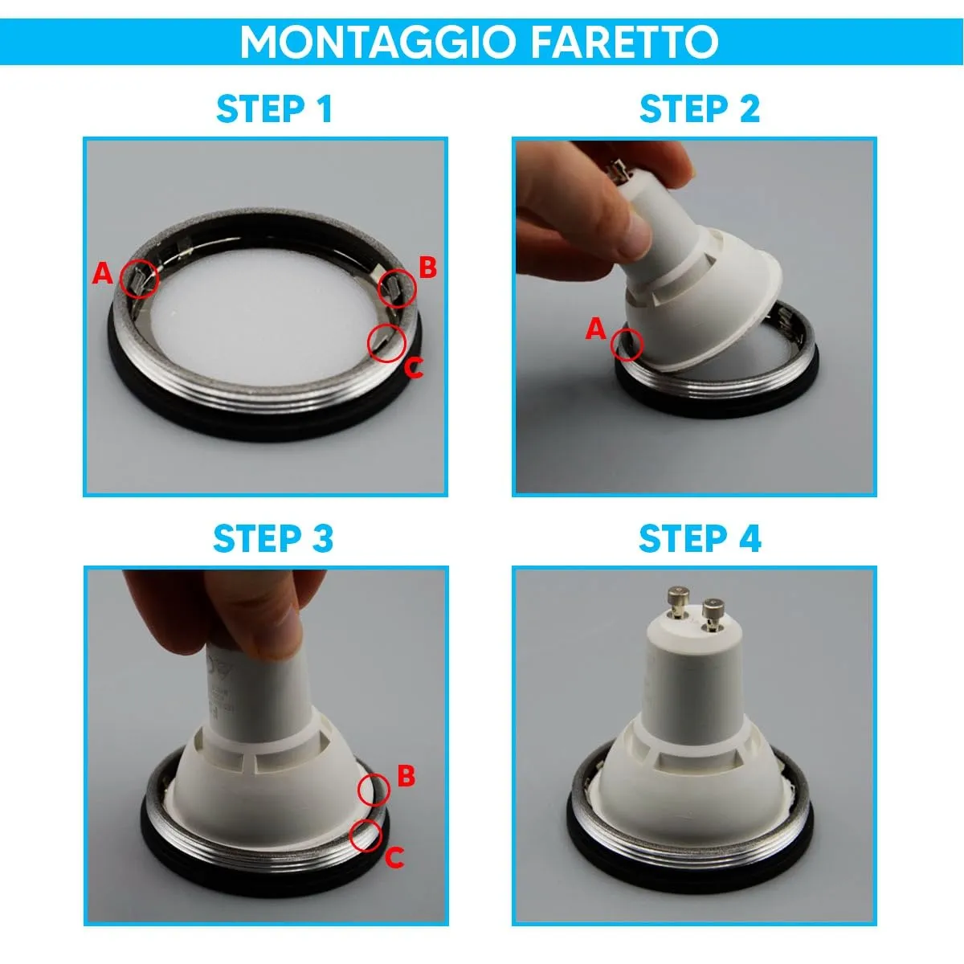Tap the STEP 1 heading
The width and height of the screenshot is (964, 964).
pos(274,110)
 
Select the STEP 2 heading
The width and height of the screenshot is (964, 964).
pos(699,110)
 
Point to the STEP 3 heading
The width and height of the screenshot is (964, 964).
pos(273,539)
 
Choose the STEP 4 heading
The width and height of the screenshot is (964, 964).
pos(699,539)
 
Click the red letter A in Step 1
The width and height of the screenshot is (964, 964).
pos(102,274)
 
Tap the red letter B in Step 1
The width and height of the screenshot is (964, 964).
pos(427,268)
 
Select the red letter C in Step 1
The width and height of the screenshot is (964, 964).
pos(413,369)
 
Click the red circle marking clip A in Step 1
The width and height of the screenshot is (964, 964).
pos(139,279)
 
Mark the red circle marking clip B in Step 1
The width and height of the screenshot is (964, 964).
pos(398,287)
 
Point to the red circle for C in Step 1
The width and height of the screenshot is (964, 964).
pos(386,342)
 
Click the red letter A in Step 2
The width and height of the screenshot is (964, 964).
pos(595,329)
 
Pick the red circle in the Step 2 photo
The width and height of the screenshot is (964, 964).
pos(627,345)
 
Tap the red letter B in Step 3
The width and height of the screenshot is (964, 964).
pos(406,776)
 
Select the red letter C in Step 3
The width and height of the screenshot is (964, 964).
pos(394,859)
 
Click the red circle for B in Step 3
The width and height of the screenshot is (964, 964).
pos(374,790)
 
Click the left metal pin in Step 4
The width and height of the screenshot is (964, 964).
pos(673,604)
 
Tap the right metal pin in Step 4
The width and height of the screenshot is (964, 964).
pos(711,612)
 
